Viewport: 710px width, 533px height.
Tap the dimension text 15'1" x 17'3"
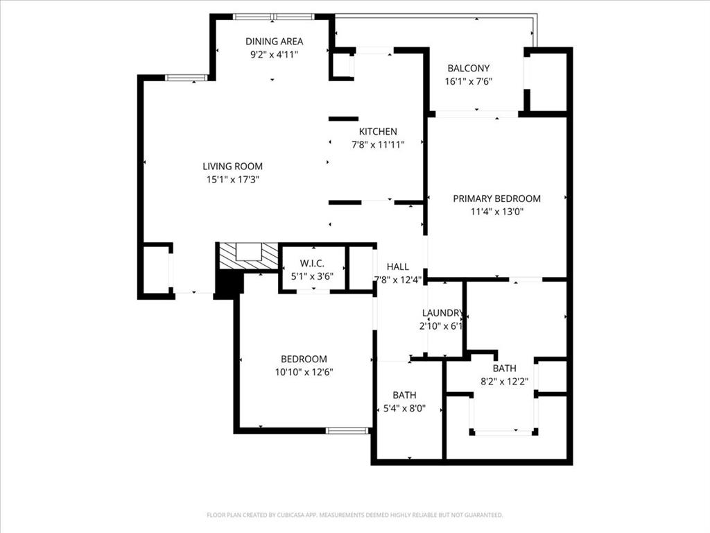232,179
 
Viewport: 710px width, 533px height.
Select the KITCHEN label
378,132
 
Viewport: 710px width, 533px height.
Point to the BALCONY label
468,68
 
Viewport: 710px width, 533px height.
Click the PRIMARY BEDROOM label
496,198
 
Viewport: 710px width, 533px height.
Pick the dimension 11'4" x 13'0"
496,212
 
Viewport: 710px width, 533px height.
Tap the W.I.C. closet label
313,263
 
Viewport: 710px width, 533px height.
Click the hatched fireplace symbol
248,256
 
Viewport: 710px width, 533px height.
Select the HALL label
398,266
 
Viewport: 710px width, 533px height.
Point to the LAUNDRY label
442,313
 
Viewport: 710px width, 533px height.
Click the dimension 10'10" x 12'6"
304,372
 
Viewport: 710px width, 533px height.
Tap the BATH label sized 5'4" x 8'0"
404,395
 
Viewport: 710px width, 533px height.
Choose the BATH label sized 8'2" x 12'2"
504,368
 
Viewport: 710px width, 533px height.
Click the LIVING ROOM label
232,166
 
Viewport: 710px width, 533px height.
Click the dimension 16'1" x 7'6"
468,81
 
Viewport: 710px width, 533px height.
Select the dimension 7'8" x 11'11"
378,145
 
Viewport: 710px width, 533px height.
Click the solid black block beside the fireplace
229,284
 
